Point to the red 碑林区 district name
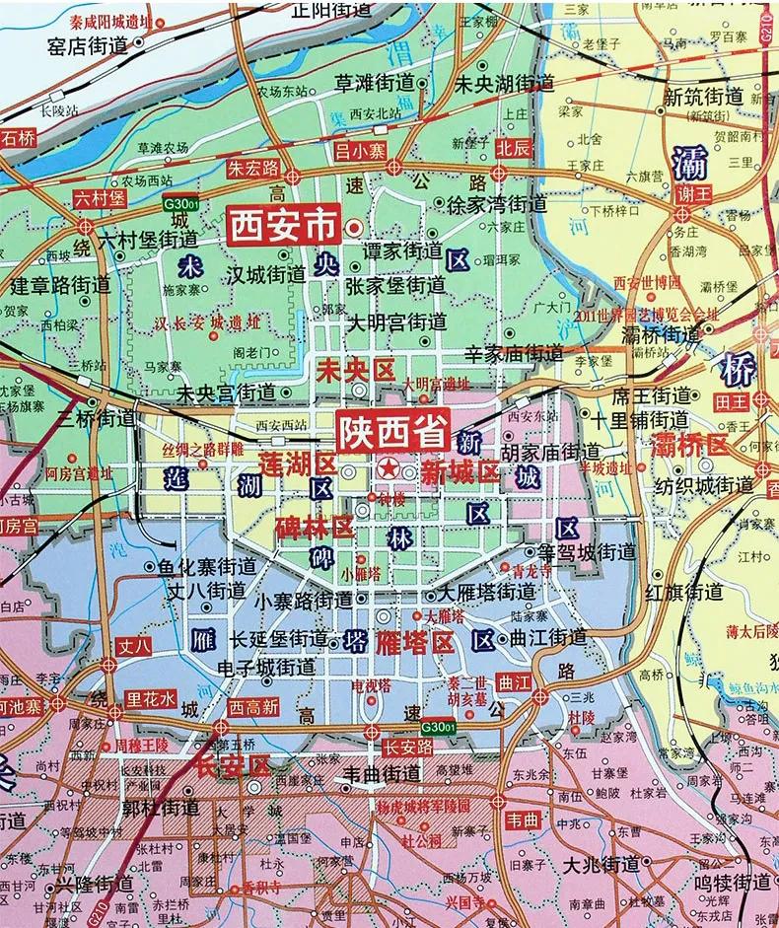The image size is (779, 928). coord(315,526)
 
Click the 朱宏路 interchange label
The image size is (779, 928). coord(254,167)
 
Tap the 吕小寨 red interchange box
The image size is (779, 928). coord(361,151)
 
